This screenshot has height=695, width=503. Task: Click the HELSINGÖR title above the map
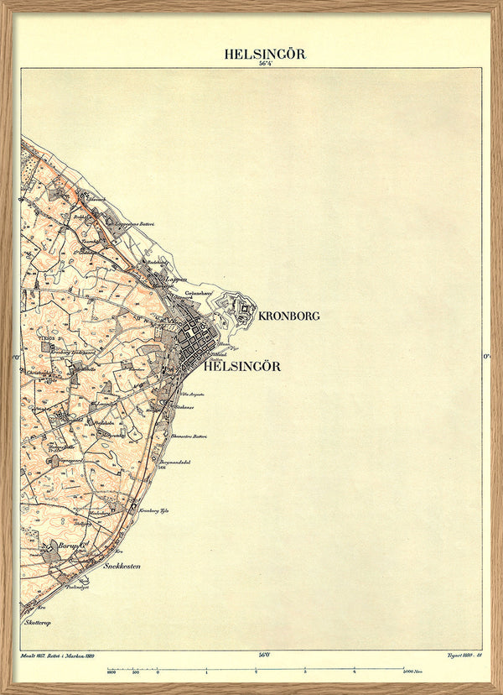click(x=264, y=54)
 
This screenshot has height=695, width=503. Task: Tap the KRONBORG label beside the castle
click(x=289, y=316)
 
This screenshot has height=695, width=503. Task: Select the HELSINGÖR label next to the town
click(x=242, y=366)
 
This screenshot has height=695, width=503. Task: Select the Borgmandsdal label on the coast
click(x=177, y=462)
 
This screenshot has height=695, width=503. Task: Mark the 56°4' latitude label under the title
click(x=265, y=65)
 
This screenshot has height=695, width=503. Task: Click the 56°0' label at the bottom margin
click(x=265, y=654)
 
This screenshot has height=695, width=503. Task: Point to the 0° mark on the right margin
click(x=486, y=356)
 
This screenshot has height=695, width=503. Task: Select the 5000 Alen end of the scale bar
click(x=410, y=672)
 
